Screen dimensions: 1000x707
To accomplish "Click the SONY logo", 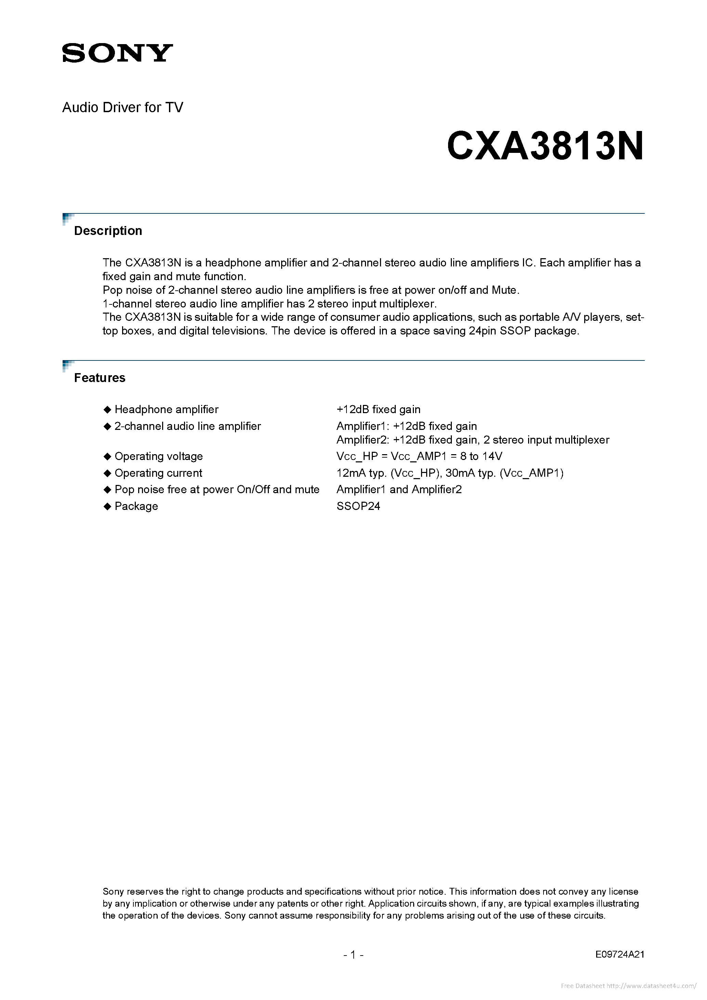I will click(x=117, y=53).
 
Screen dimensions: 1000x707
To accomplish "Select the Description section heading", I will click(x=108, y=231).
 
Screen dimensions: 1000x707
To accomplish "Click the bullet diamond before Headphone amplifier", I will click(x=107, y=409).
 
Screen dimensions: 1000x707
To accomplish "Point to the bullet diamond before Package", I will click(x=107, y=506).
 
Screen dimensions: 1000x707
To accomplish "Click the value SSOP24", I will click(x=358, y=506).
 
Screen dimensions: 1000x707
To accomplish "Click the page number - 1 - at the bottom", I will click(x=353, y=955).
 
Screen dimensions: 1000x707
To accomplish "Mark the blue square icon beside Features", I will click(x=67, y=365).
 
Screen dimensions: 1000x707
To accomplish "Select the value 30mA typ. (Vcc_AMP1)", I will click(x=505, y=473).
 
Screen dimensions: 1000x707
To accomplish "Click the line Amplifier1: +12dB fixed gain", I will click(x=406, y=426).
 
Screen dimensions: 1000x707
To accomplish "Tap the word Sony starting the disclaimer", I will click(x=113, y=892).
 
